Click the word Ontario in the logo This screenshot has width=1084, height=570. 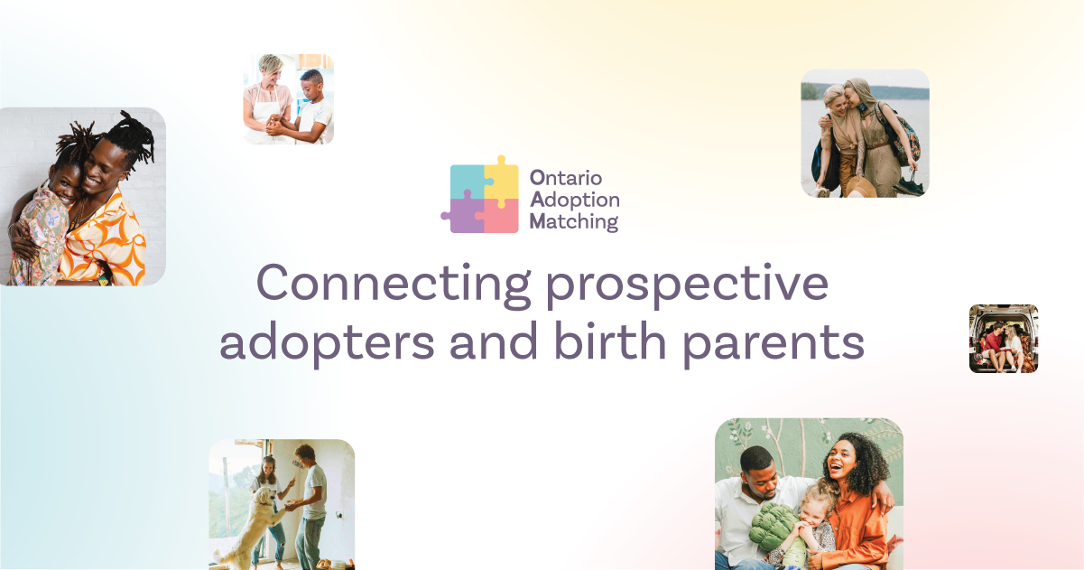(x=566, y=178)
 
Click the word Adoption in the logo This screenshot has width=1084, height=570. (x=574, y=200)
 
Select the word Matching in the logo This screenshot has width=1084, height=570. (x=574, y=221)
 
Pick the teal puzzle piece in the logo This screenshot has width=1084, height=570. (x=468, y=181)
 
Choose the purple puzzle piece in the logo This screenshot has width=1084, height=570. (x=466, y=215)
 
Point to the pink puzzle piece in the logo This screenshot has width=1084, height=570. (x=502, y=217)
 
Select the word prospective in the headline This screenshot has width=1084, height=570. (x=687, y=284)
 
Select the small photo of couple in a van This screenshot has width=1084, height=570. (x=1004, y=339)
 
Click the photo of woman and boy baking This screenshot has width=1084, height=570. (x=288, y=99)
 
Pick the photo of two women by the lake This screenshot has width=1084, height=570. (x=865, y=134)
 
